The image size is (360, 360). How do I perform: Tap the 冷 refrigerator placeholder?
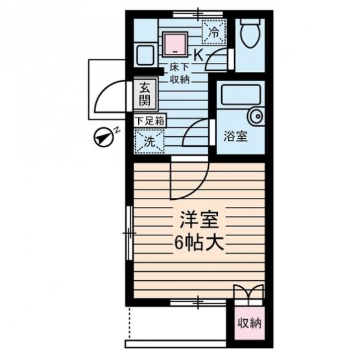(x=214, y=32)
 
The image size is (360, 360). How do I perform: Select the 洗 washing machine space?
(x=149, y=141)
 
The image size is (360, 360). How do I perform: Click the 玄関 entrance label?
(x=145, y=94)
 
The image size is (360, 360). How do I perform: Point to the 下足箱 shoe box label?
(x=150, y=121)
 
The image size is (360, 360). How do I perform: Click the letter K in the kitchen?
(x=199, y=55)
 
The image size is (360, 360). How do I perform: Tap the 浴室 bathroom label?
(x=235, y=136)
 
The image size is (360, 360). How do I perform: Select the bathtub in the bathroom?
(x=241, y=95)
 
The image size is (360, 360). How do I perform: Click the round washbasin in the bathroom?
(x=256, y=116)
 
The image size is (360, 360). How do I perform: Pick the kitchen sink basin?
(x=145, y=55)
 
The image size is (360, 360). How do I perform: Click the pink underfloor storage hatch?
(x=175, y=45)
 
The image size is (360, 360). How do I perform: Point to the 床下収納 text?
(x=179, y=73)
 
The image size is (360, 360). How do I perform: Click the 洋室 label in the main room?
(x=199, y=220)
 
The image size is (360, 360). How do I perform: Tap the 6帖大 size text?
(x=199, y=243)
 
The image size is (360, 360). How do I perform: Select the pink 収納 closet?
(x=249, y=323)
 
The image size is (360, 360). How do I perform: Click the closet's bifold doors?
(x=249, y=292)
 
